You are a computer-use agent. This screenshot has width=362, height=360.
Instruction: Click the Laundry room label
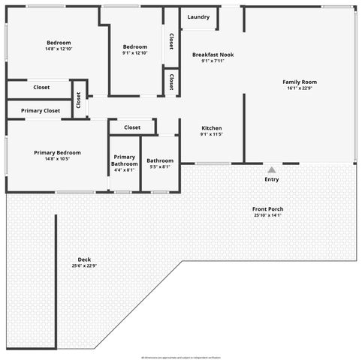point(198,16)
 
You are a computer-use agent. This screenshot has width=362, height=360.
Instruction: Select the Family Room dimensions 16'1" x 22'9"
point(300,88)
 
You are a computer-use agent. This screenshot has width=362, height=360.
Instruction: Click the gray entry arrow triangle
point(271,170)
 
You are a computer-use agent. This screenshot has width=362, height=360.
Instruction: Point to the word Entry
point(271,180)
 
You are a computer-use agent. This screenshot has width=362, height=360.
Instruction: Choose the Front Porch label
point(268,209)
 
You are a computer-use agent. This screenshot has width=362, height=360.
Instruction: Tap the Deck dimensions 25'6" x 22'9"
point(84,265)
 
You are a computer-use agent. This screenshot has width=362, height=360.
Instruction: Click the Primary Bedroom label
point(57,152)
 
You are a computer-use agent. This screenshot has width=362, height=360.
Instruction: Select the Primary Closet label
point(41,110)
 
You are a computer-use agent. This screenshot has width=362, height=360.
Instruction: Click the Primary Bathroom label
point(125,160)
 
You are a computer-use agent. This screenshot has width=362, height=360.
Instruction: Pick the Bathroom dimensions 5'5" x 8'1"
point(160,166)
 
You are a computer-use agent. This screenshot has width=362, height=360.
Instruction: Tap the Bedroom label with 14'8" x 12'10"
point(59,43)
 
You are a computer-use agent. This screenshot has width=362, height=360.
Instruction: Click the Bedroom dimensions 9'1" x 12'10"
point(135,52)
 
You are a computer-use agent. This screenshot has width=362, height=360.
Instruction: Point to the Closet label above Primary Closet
point(41,88)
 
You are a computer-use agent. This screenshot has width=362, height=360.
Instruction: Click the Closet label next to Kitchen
point(132,127)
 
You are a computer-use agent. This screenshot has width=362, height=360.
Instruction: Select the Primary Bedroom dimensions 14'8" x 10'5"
point(57,159)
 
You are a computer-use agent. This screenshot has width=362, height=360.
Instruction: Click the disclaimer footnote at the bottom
point(180,357)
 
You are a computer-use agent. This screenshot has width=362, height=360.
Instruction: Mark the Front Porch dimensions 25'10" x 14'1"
point(268,215)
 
